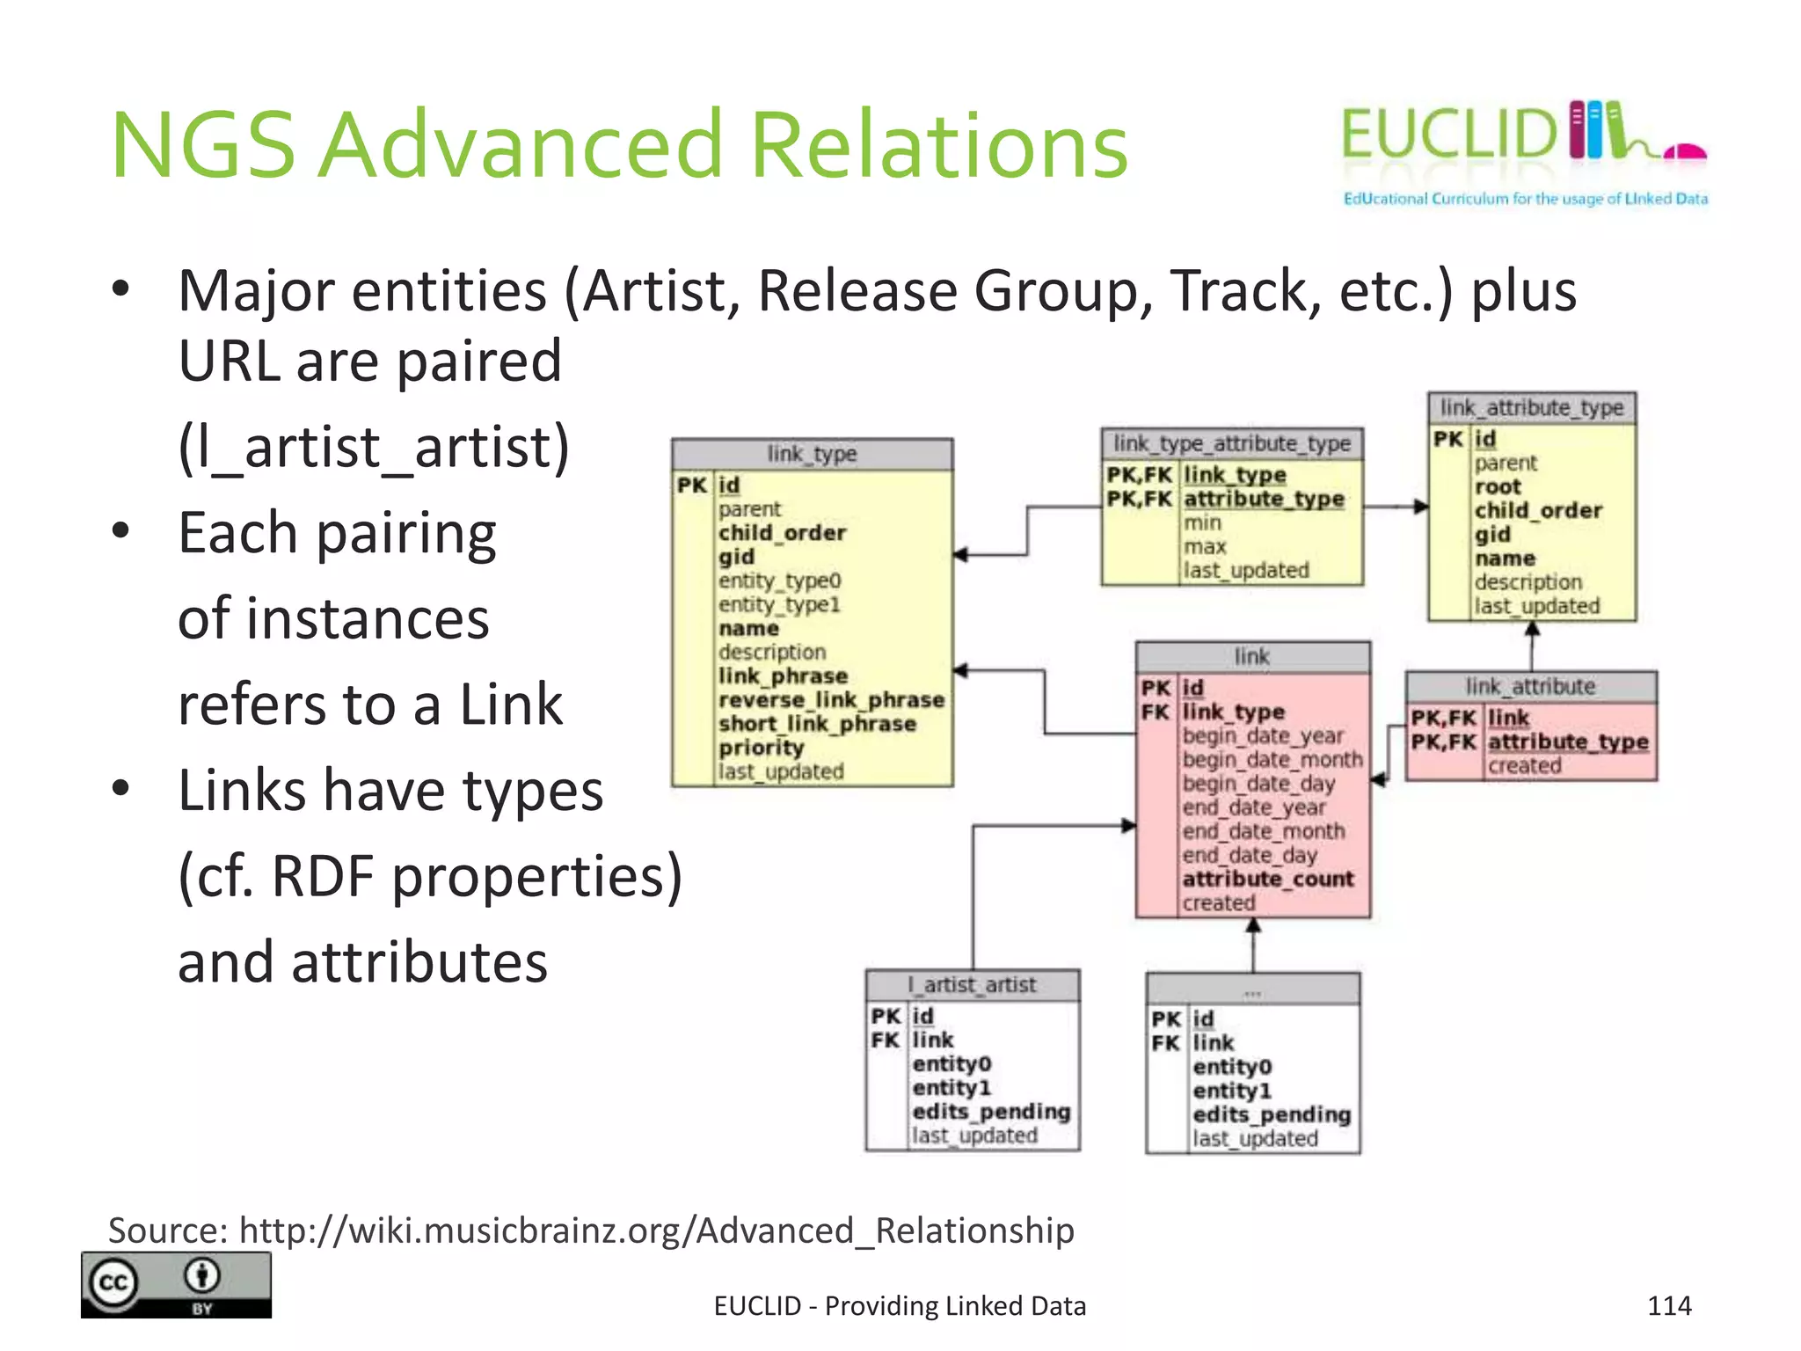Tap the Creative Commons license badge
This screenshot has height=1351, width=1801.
pyautogui.click(x=176, y=1284)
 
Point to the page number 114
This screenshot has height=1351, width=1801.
pyautogui.click(x=1669, y=1305)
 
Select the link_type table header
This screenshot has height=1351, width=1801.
pyautogui.click(x=812, y=454)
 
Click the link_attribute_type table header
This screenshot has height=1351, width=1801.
pyautogui.click(x=1532, y=408)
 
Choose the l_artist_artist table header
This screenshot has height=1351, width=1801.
pyautogui.click(x=972, y=985)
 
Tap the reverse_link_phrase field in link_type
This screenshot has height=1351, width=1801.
pyautogui.click(x=831, y=700)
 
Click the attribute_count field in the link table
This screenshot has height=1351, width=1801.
pyautogui.click(x=1268, y=879)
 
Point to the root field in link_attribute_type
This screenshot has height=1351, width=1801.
pyautogui.click(x=1498, y=486)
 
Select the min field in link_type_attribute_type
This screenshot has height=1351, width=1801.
pyautogui.click(x=1202, y=522)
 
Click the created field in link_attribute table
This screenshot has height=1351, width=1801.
pyautogui.click(x=1525, y=766)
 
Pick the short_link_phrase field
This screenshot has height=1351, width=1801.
pyautogui.click(x=817, y=724)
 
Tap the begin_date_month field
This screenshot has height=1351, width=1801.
pyautogui.click(x=1272, y=759)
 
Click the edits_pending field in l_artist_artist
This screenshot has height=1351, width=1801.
pyautogui.click(x=991, y=1112)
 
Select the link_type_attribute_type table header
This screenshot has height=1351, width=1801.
pyautogui.click(x=1232, y=443)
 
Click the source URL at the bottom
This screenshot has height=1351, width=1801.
pyautogui.click(x=656, y=1230)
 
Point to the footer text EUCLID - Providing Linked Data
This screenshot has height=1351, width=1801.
pyautogui.click(x=900, y=1306)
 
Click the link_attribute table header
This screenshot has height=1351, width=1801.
pyautogui.click(x=1530, y=687)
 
